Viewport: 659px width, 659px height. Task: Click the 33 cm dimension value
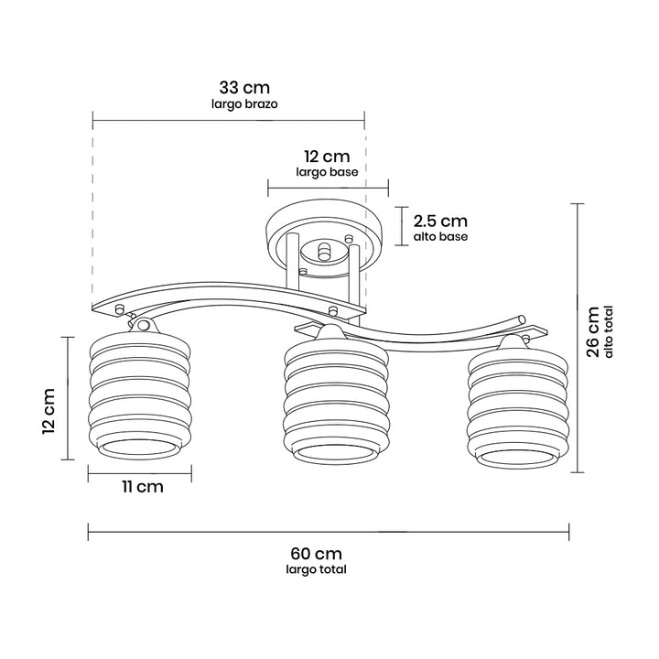[x=244, y=88]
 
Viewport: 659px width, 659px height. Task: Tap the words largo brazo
[x=244, y=103]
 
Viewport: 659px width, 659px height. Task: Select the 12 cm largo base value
[x=327, y=157]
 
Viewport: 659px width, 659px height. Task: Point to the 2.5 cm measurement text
[x=440, y=221]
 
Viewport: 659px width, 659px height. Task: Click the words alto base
[x=440, y=237]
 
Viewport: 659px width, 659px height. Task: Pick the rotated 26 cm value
[x=592, y=332]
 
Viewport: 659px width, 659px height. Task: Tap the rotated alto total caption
[x=609, y=331]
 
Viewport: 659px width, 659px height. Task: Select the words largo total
[x=316, y=569]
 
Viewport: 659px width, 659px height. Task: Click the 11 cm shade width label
[x=143, y=487]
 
